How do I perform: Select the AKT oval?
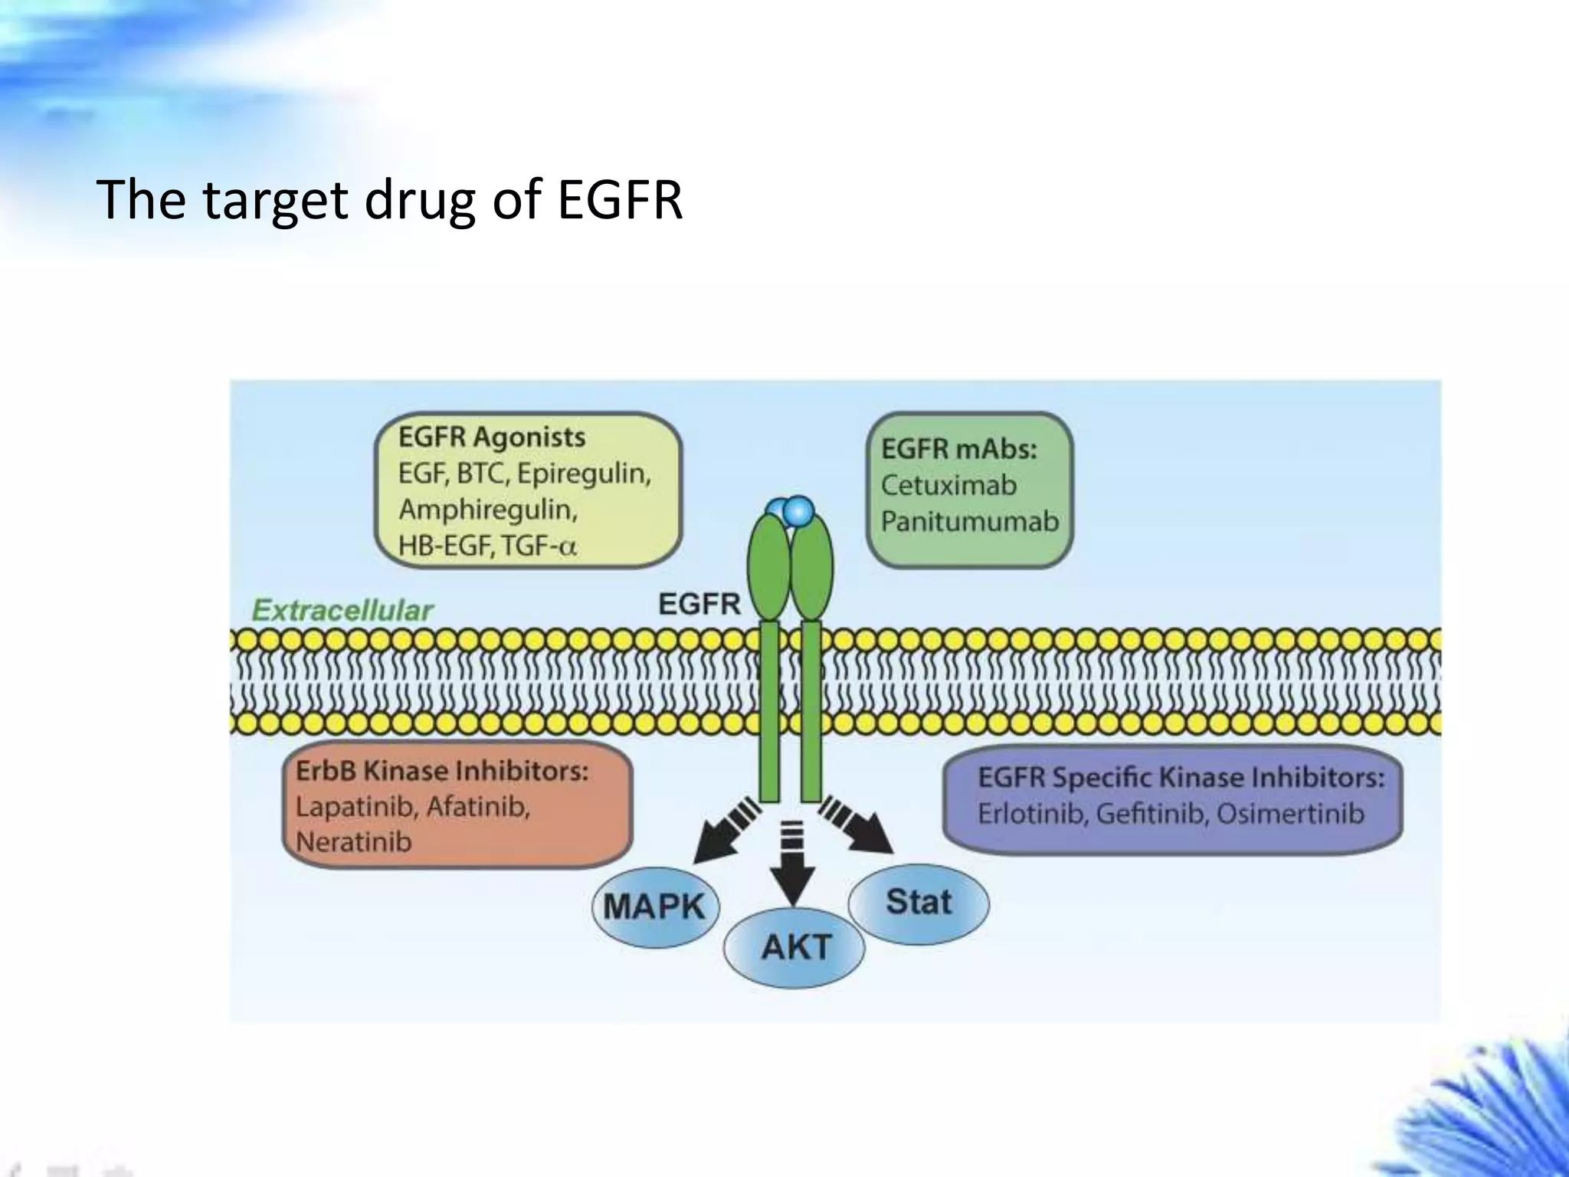coord(795,948)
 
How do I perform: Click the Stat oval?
coord(918,902)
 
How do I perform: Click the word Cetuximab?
coord(948,485)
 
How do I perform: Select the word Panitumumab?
coord(969,522)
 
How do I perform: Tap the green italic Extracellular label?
coord(342,611)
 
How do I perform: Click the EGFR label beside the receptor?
coord(699,605)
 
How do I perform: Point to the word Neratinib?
coord(353,842)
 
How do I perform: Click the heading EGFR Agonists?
coord(491,438)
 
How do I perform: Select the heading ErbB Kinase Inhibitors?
coord(442,771)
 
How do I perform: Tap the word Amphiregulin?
coord(487,510)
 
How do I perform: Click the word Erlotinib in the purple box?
coord(1032,814)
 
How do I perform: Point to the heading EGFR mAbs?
coord(958,449)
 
